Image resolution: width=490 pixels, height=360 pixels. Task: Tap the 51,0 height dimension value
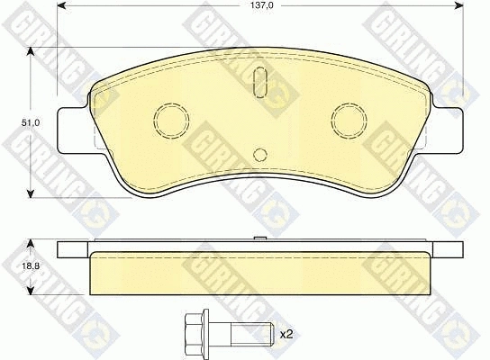tap(31, 122)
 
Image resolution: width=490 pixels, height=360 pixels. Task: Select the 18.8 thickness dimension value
tap(31, 266)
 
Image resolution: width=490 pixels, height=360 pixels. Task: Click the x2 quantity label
tap(286, 335)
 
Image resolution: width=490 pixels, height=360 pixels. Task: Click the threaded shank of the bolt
tap(252, 334)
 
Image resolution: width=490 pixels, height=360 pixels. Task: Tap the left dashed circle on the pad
tap(171, 121)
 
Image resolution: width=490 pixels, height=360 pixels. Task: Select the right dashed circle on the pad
tap(349, 121)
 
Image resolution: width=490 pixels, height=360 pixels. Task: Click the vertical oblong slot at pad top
tap(260, 83)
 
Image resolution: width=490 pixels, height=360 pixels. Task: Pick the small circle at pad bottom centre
tap(260, 154)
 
